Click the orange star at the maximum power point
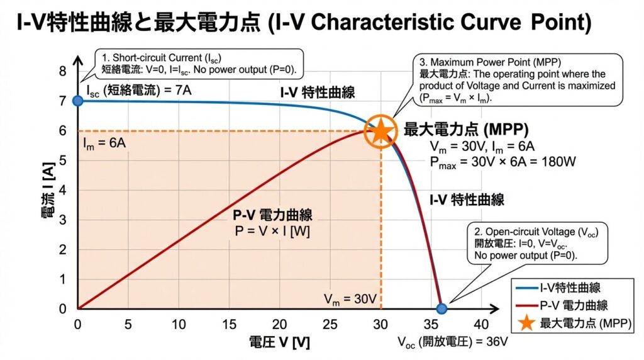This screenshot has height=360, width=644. [x=380, y=131]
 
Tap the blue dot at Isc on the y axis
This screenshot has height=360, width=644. [x=77, y=101]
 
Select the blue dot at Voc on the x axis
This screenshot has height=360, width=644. [x=441, y=308]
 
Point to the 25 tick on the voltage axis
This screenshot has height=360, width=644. [x=330, y=324]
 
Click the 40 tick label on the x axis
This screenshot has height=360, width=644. [x=482, y=324]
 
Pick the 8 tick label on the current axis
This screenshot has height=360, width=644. [x=62, y=71]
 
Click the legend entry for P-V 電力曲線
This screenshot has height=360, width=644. [x=574, y=305]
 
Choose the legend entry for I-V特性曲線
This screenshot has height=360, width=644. [x=570, y=288]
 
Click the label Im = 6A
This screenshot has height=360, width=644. [x=104, y=143]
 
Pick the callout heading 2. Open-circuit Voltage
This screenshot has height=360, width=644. [x=532, y=233]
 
